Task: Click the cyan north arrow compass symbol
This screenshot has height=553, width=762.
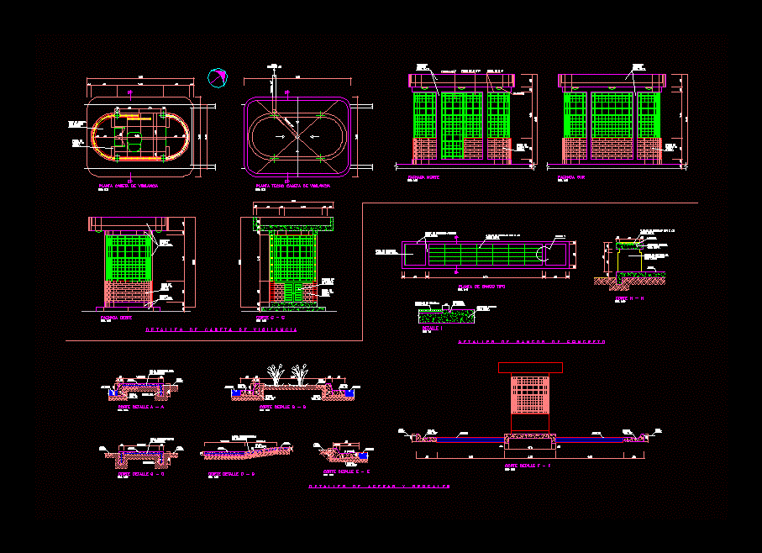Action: (x=217, y=77)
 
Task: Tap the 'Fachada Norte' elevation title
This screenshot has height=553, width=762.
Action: (x=424, y=178)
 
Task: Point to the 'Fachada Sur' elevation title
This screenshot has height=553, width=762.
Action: (x=571, y=178)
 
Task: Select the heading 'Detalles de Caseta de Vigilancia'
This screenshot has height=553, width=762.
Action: (x=221, y=331)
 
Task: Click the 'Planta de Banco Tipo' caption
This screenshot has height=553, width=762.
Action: (x=476, y=287)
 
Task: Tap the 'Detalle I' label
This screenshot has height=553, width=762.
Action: (x=429, y=327)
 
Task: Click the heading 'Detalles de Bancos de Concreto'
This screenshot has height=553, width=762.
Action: (x=532, y=342)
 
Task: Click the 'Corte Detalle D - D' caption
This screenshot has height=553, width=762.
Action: (x=231, y=474)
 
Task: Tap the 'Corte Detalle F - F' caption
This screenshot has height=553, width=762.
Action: (x=527, y=464)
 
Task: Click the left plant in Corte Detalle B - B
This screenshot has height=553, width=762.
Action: (x=276, y=373)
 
